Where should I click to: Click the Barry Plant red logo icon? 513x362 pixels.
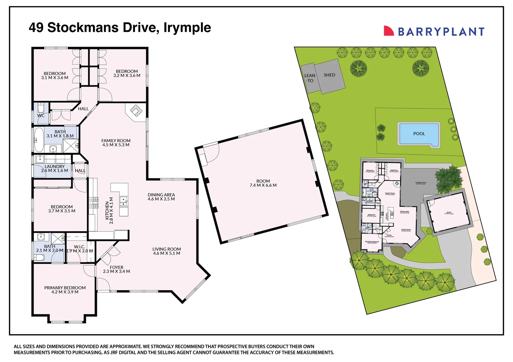pyautogui.click(x=388, y=31)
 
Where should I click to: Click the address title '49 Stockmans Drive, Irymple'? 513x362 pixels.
pyautogui.click(x=120, y=27)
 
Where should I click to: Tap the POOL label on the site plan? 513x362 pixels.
pyautogui.click(x=419, y=134)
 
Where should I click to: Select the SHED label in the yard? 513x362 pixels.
pyautogui.click(x=329, y=75)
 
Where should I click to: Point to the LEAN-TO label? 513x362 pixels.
pyautogui.click(x=310, y=78)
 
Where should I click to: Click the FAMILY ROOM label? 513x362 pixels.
pyautogui.click(x=116, y=141)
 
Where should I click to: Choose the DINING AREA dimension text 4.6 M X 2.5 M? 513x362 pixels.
pyautogui.click(x=161, y=199)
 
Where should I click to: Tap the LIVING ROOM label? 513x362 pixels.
pyautogui.click(x=167, y=249)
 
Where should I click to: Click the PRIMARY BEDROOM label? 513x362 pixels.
pyautogui.click(x=65, y=288)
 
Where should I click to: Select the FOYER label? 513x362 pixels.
pyautogui.click(x=116, y=267)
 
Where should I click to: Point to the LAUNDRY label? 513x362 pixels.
pyautogui.click(x=54, y=167)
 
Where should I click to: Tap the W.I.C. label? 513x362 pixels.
pyautogui.click(x=80, y=247)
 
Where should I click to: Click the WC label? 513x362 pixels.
pyautogui.click(x=41, y=116)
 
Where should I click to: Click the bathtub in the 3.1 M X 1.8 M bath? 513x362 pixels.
pyautogui.click(x=39, y=139)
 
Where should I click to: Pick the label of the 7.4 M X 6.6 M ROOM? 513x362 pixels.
pyautogui.click(x=263, y=181)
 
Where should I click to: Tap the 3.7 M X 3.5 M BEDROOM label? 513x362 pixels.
pyautogui.click(x=61, y=207)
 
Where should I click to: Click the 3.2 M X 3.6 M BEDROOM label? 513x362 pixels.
pyautogui.click(x=127, y=71)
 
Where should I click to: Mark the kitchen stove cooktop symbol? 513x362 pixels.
pyautogui.click(x=94, y=203)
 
